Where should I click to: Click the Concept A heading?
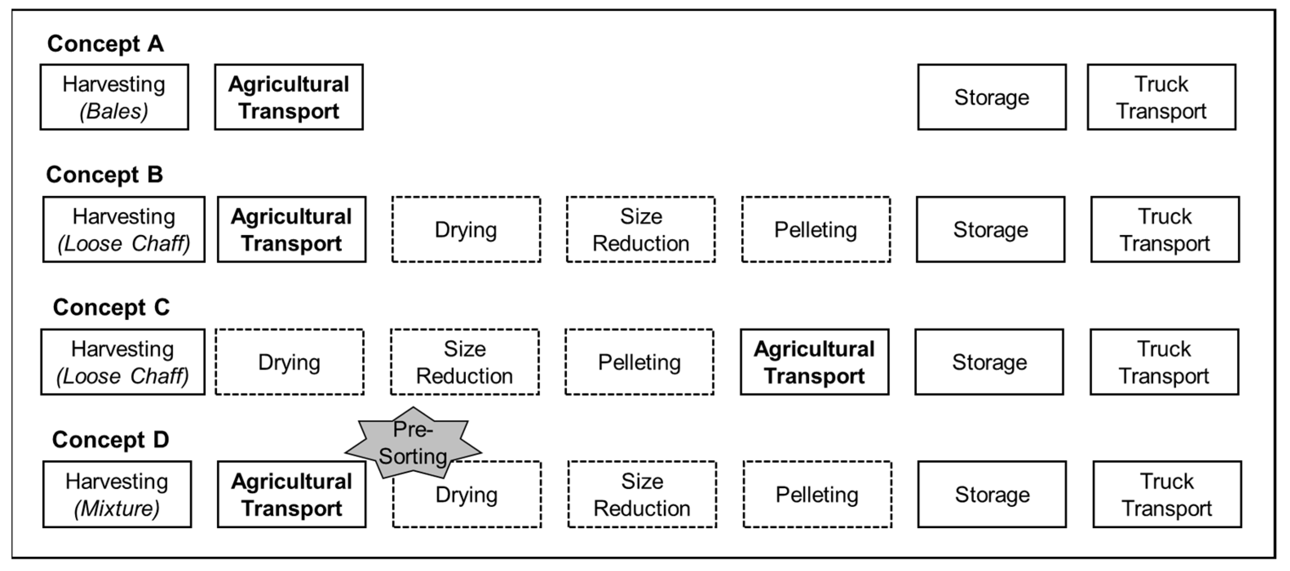point(105,44)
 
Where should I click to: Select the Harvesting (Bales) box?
point(114,97)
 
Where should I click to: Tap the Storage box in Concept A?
point(992,97)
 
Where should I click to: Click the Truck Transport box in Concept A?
point(1161,97)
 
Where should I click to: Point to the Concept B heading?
point(104,175)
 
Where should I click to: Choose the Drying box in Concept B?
point(466,229)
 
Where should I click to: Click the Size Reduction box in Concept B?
point(641,229)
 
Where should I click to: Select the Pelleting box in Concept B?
point(816,229)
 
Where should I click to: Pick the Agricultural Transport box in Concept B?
point(292,229)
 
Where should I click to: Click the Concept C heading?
point(111,307)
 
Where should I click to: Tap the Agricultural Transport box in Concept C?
point(814,362)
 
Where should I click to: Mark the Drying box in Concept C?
point(289,362)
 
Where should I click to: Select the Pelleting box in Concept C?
point(639,362)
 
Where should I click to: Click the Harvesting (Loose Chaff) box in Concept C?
point(123,362)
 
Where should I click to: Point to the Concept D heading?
point(110,440)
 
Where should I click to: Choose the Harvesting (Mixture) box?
point(117,494)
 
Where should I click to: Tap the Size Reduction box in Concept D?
point(642,494)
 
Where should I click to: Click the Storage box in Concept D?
point(992,494)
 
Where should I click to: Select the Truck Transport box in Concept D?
point(1167,494)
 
